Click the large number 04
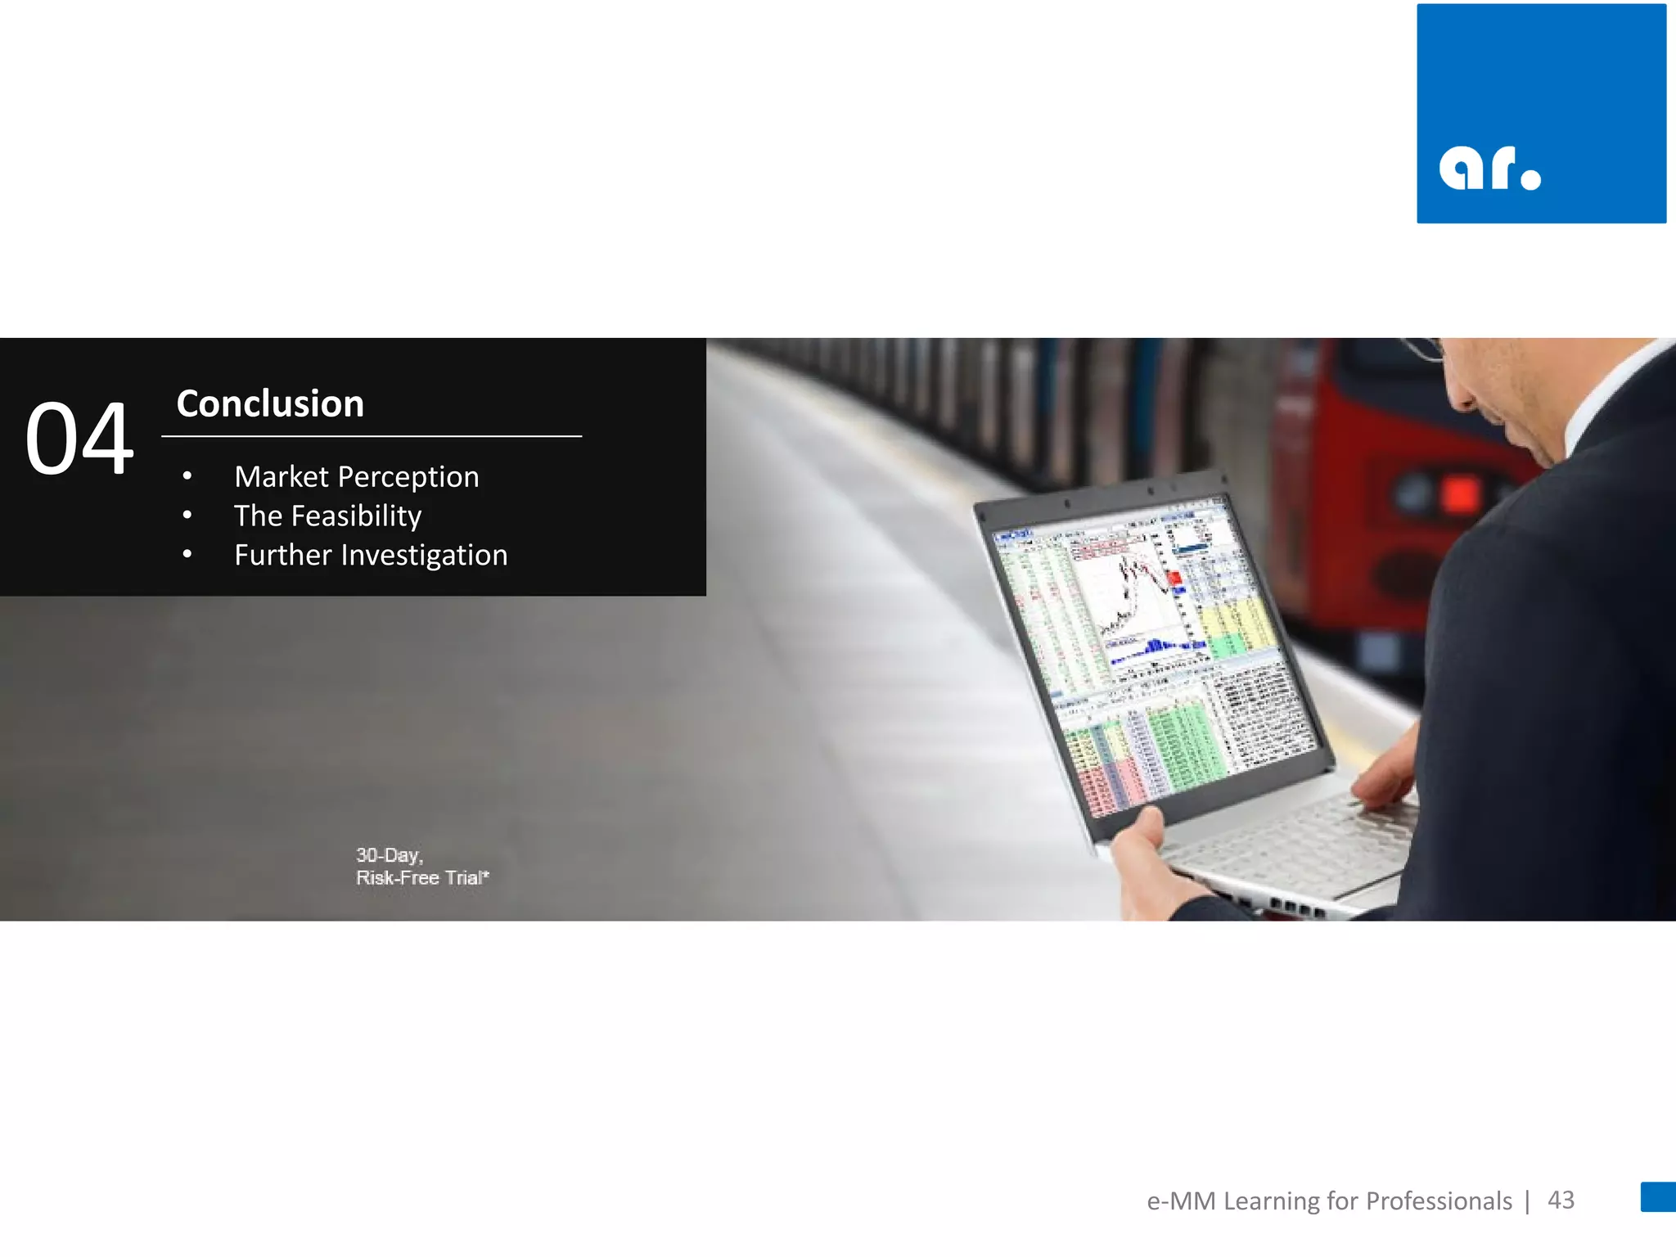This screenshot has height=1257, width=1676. (x=79, y=439)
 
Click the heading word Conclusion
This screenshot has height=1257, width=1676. (x=270, y=404)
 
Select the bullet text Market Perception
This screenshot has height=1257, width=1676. (x=356, y=476)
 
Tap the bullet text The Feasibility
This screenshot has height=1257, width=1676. (x=327, y=516)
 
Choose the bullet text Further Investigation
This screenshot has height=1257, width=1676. (x=371, y=555)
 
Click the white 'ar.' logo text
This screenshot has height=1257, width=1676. (x=1489, y=169)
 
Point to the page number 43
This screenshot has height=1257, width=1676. (x=1561, y=1200)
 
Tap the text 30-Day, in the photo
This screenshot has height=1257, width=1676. (x=389, y=855)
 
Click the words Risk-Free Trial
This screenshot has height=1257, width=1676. (x=421, y=878)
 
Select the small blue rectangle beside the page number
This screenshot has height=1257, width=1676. (x=1657, y=1196)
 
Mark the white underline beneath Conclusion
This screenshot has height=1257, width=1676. (x=372, y=436)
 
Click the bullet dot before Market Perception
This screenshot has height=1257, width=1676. (x=187, y=476)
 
